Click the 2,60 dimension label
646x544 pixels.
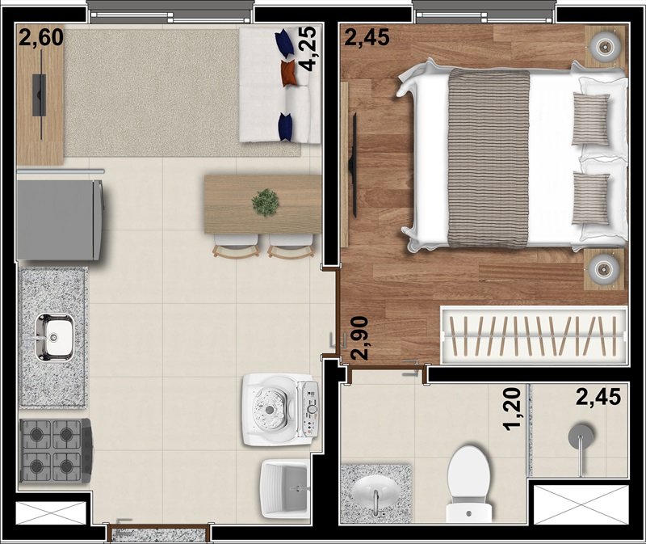(41, 37)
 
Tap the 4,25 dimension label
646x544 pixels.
(307, 48)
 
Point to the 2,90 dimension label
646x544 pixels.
(359, 338)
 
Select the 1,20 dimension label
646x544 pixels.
(512, 409)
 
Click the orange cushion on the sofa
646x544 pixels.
(289, 73)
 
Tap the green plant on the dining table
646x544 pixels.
(266, 203)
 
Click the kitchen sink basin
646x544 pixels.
(54, 336)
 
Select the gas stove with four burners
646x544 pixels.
(56, 450)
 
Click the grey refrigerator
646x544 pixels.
(60, 220)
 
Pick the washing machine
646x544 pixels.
(280, 410)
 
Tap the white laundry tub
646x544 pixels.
(284, 489)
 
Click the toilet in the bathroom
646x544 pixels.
(469, 484)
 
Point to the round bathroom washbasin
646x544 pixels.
(375, 492)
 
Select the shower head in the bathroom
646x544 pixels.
(581, 435)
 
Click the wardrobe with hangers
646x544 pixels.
(535, 335)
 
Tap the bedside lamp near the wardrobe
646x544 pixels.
(604, 270)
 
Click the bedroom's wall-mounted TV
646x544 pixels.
(353, 165)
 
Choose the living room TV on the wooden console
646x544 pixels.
(40, 95)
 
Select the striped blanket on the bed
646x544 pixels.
(489, 158)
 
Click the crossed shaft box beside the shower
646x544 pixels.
(581, 505)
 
